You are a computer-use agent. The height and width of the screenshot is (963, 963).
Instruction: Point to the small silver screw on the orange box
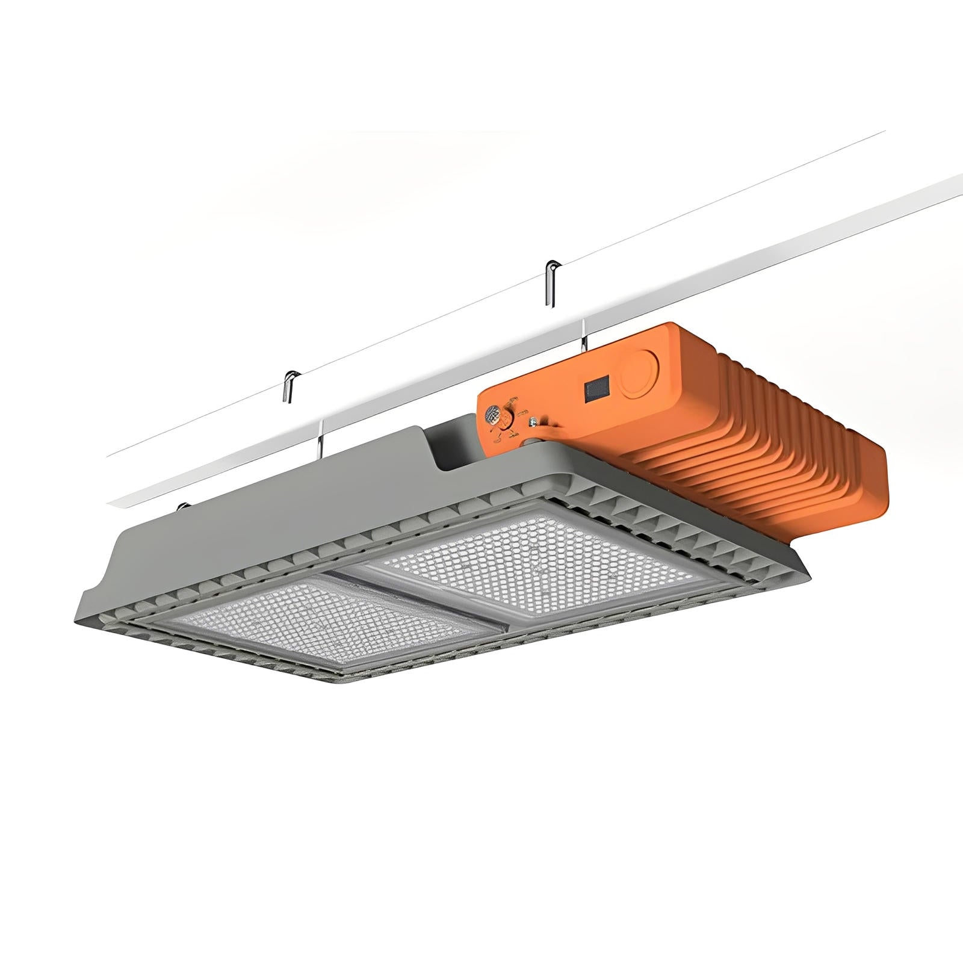532,423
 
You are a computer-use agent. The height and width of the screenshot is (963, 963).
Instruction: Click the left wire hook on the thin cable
289,385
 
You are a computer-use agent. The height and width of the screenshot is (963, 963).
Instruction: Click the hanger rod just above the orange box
583,335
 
